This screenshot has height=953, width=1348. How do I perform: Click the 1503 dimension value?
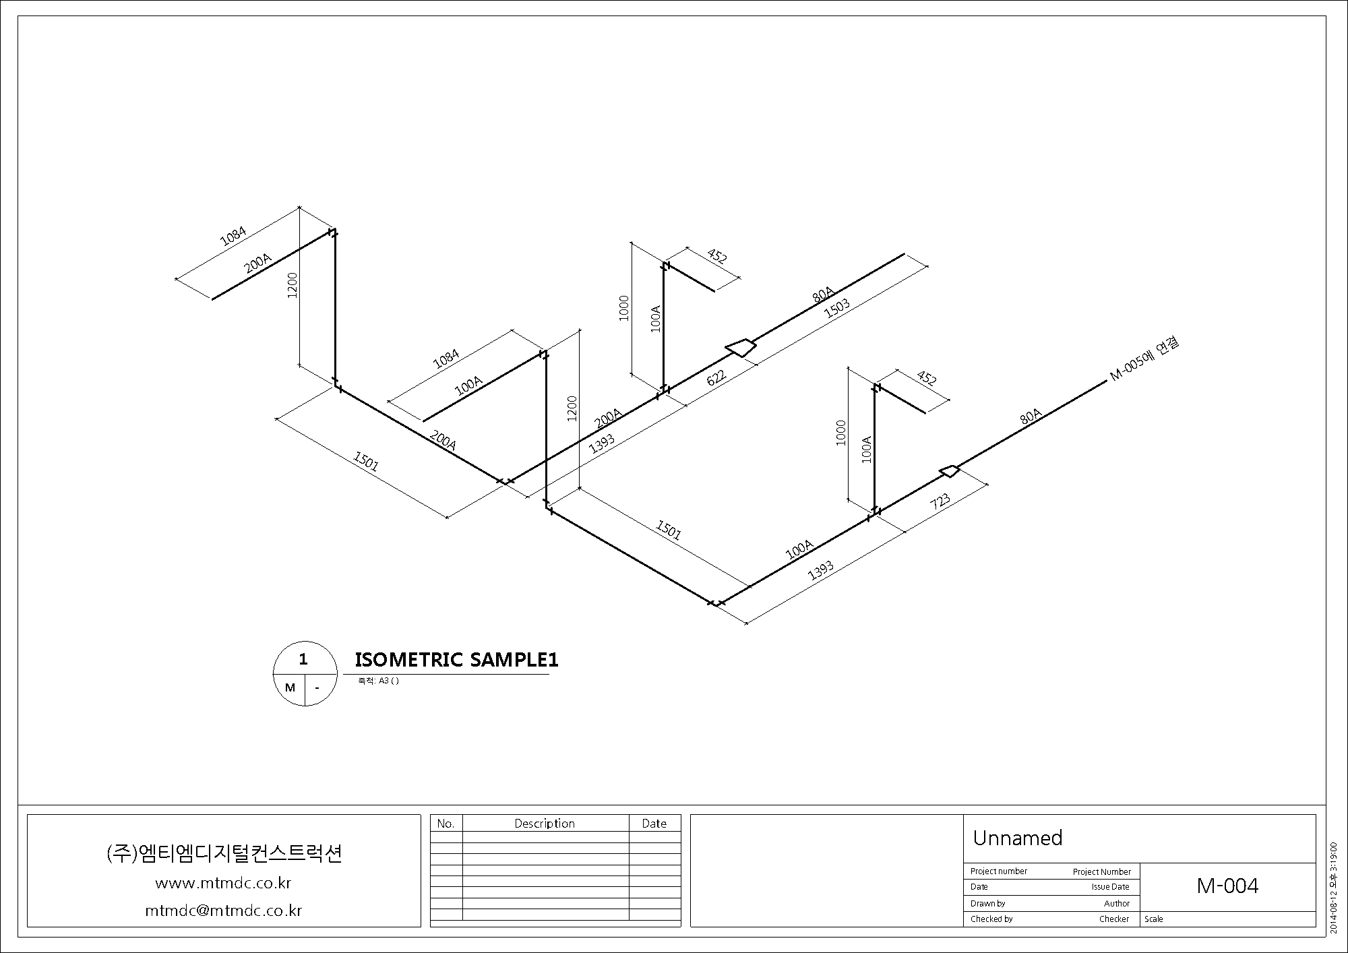point(837,308)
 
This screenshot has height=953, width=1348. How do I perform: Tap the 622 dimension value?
point(716,376)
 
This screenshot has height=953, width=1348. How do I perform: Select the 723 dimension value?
point(940,501)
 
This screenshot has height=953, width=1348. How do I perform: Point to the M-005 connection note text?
point(1144,359)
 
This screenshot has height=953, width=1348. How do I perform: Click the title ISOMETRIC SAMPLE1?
point(456,660)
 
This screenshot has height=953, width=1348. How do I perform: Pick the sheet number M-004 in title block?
point(1227,886)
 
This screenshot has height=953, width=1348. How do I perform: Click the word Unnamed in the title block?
point(1017,838)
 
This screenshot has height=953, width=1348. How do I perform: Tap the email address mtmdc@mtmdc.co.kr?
point(224,911)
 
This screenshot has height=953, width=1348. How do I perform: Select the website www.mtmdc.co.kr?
point(223,883)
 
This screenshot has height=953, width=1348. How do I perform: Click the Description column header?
point(545,824)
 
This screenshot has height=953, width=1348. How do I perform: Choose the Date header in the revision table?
point(654,824)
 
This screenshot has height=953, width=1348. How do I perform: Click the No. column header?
point(446,824)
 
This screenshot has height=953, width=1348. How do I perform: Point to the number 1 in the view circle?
point(303,659)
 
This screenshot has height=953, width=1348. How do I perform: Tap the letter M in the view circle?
point(290,687)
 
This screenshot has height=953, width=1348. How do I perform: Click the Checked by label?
point(991,919)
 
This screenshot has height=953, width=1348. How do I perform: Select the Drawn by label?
point(988,903)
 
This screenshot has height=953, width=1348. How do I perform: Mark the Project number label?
point(999,871)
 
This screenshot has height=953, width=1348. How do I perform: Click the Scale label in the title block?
point(1154,919)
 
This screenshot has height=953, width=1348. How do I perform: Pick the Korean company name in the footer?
point(224,853)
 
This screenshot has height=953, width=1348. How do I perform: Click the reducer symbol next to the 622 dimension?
point(741,347)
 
